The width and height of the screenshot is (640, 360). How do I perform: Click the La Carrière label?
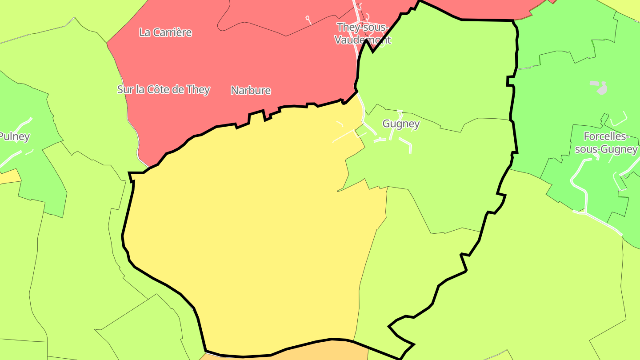coord(165,32)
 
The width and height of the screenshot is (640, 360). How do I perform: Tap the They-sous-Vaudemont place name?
coord(363,33)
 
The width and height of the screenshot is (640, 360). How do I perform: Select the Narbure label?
coord(251,91)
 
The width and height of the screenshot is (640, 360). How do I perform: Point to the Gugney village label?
coord(401,124)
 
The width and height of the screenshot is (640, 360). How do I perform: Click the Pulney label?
coord(14,136)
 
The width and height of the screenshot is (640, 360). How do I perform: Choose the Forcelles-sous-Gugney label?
coord(606,143)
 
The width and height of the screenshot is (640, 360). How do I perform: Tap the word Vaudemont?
coord(363,40)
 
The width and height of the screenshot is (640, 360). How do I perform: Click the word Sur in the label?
coord(125,89)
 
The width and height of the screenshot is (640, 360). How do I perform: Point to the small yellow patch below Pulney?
coord(9,177)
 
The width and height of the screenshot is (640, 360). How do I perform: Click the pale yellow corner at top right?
coord(627,7)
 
